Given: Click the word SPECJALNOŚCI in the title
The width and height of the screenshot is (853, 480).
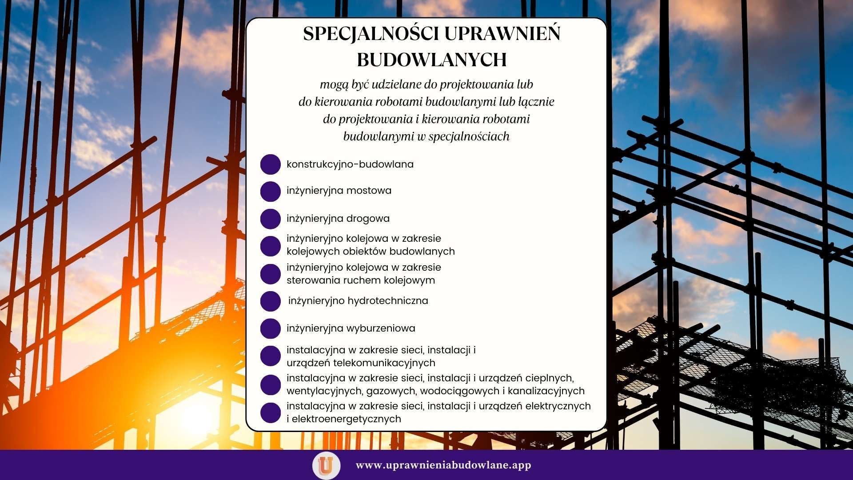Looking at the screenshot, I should pos(371,34).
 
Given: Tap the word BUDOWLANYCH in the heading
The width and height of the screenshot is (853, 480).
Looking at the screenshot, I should pos(432,60).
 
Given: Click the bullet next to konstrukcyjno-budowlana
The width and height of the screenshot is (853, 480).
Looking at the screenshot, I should pos(270,164).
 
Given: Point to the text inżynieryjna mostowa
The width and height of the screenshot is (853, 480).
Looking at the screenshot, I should pos(339,191).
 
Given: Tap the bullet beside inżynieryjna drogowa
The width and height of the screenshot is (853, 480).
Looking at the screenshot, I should pos(270,219).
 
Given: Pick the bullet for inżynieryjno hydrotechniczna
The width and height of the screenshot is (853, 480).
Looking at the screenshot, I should pos(270,301).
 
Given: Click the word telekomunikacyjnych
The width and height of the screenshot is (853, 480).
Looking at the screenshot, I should pos(384,363).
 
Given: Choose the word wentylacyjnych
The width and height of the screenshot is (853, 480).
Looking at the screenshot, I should pos(324,391).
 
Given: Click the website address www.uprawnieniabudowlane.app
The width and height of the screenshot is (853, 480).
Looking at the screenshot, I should pos(443,465).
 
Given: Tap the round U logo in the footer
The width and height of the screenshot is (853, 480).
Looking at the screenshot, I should pos(326,465).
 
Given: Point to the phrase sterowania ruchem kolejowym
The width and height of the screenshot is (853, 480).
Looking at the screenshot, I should pos(361,280).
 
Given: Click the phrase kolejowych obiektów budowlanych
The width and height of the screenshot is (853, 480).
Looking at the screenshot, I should pos(371,252).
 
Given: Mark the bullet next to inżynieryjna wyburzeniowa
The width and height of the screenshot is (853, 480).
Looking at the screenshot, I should pos(270,328).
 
